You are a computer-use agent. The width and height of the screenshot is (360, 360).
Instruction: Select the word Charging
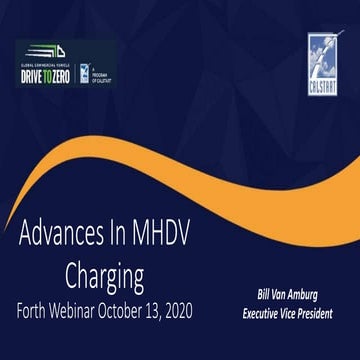(x=105, y=273)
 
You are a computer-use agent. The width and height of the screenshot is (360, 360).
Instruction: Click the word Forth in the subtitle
(x=37, y=308)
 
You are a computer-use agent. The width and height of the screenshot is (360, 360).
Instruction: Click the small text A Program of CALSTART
(x=102, y=74)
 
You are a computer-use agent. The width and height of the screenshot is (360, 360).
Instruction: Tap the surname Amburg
(x=314, y=295)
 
